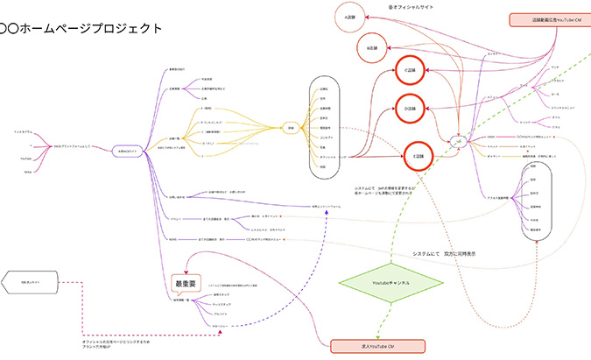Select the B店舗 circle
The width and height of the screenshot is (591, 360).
[371, 47]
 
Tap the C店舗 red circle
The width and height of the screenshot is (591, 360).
[407, 71]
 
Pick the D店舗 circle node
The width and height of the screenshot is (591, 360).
[408, 109]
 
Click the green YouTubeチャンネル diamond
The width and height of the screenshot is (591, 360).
[386, 283]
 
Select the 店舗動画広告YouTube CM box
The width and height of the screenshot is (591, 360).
[549, 19]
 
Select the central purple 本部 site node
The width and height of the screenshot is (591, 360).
[127, 150]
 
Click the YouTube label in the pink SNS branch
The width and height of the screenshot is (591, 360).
[26, 159]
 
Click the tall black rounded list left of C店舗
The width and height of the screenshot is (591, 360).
[325, 128]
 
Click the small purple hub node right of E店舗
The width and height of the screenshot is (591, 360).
[456, 141]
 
